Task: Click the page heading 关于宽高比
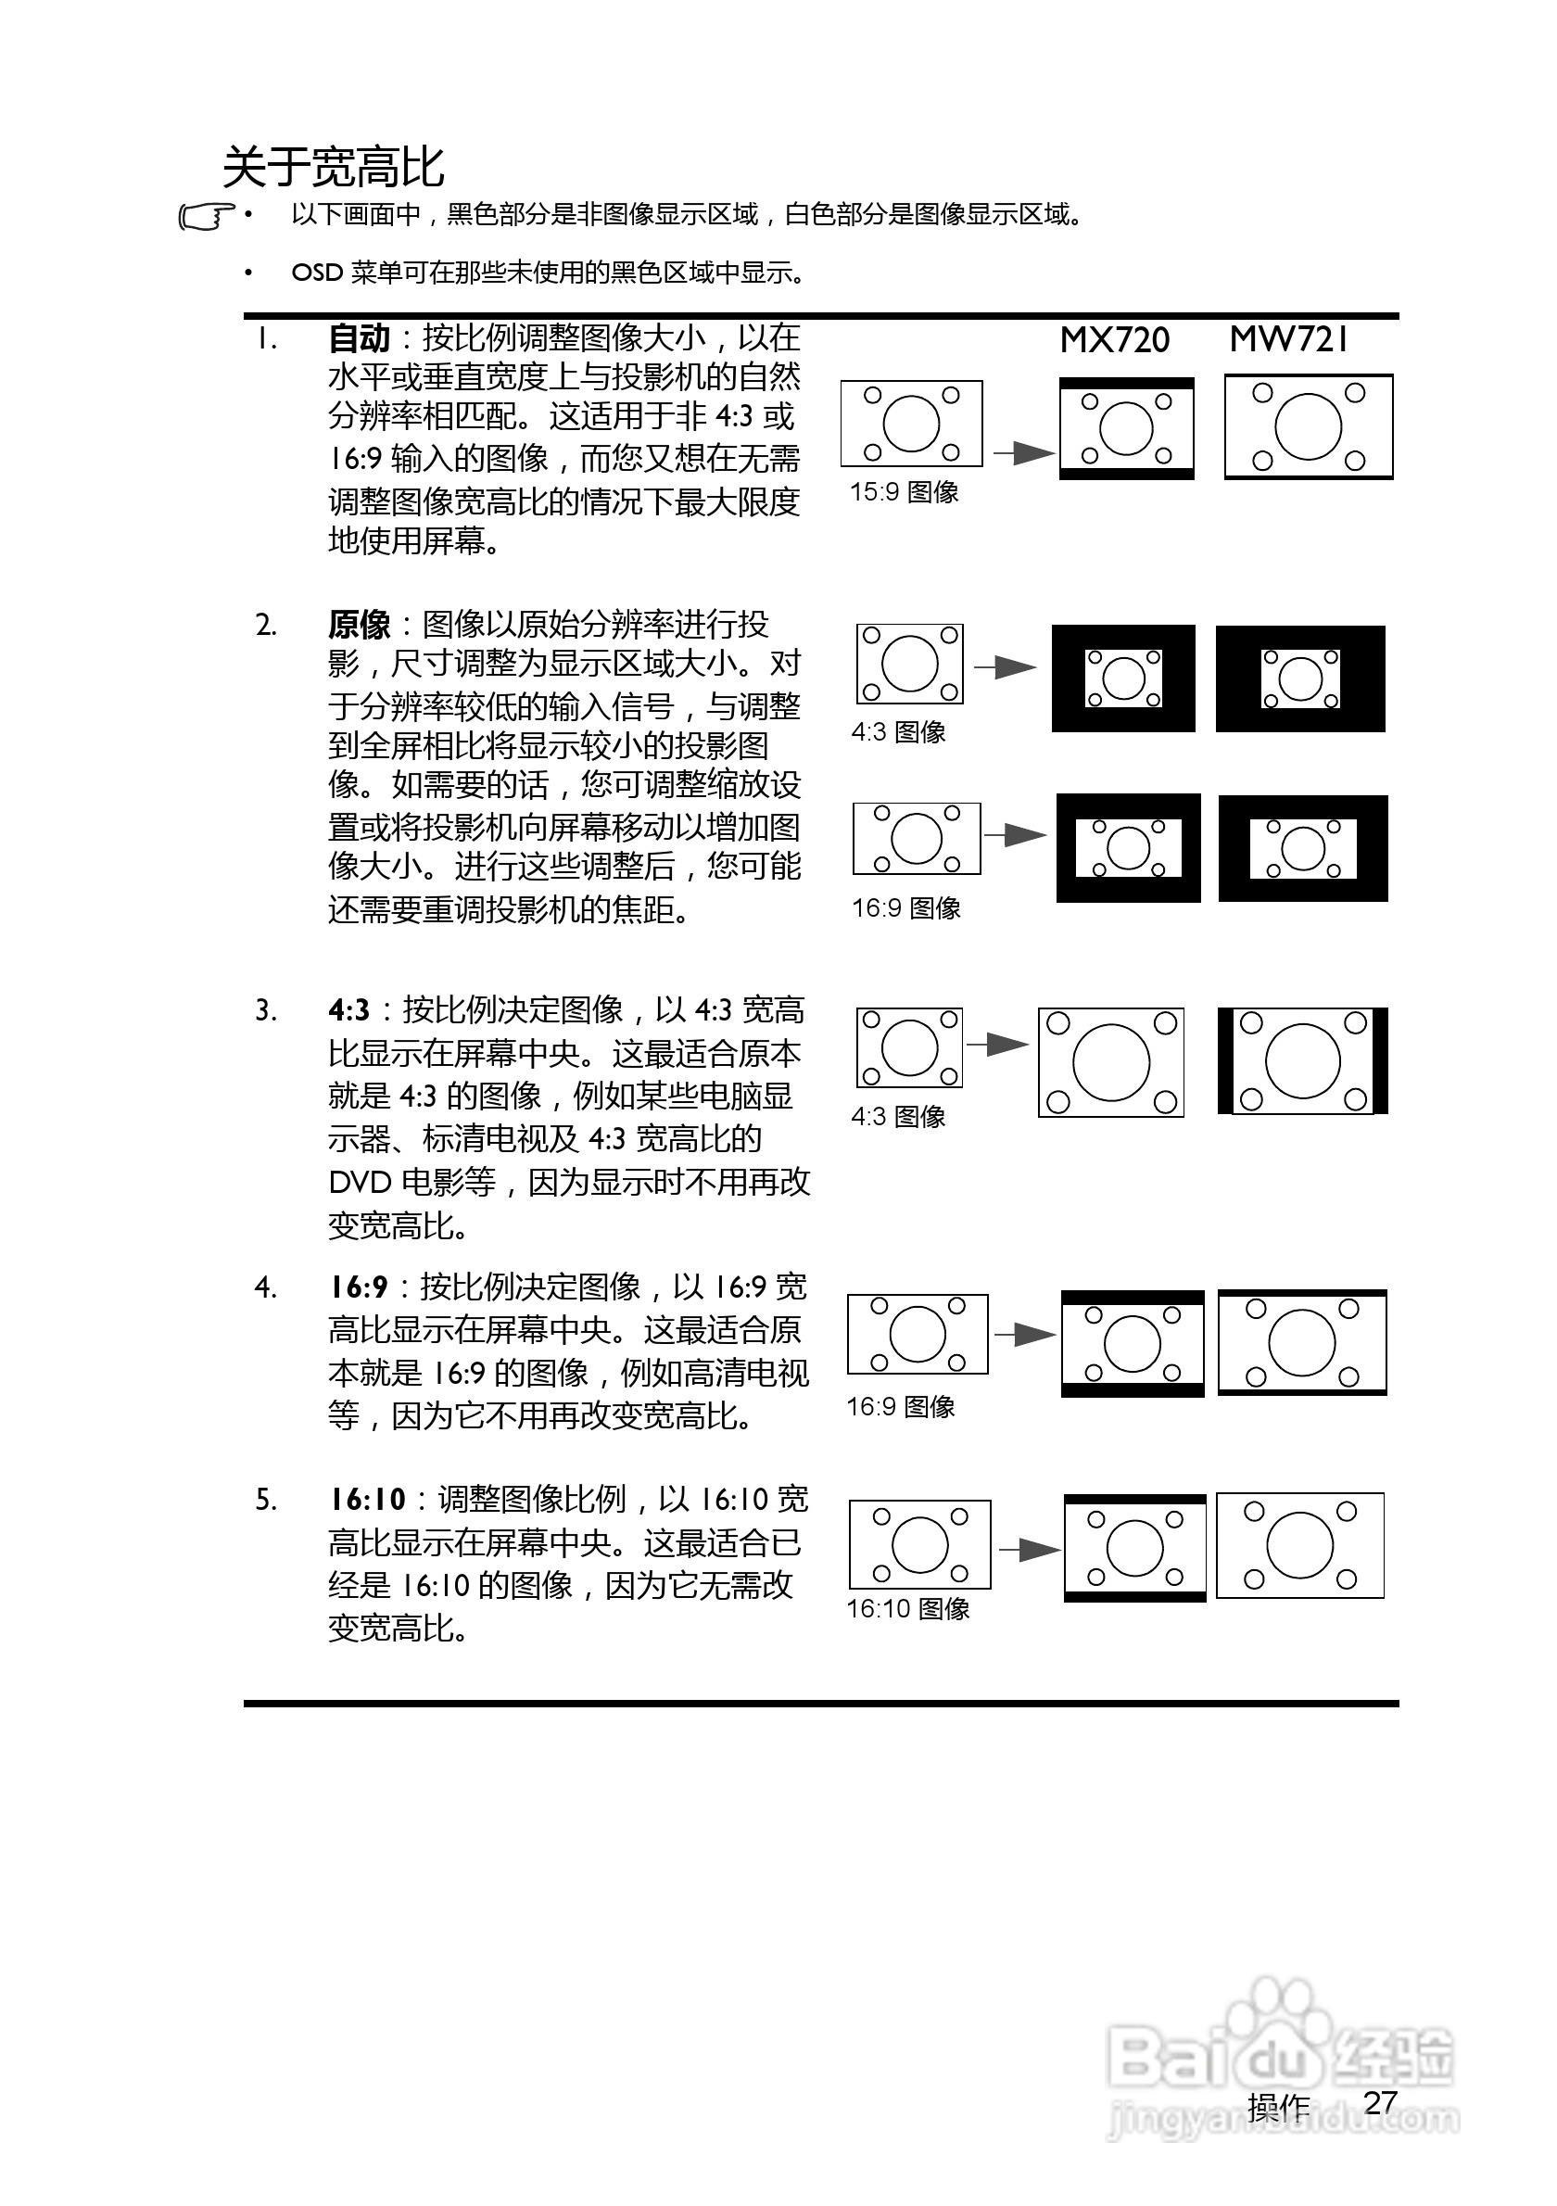click(x=334, y=167)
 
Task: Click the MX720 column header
click(x=1114, y=340)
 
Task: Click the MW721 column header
click(x=1289, y=339)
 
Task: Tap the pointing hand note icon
click(x=206, y=217)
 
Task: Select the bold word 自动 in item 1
click(x=360, y=339)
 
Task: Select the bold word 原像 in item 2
click(x=360, y=626)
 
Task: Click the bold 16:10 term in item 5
click(x=368, y=1500)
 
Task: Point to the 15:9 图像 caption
click(x=904, y=493)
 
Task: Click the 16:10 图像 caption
click(x=907, y=1608)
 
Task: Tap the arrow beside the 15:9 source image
click(x=1023, y=452)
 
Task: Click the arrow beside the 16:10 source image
click(x=1029, y=1549)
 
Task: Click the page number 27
click(x=1380, y=2103)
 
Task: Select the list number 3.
click(x=266, y=1010)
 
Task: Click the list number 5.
click(x=266, y=1500)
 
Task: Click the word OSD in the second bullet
click(x=317, y=273)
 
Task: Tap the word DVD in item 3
click(x=359, y=1183)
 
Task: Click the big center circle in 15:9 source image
click(x=911, y=424)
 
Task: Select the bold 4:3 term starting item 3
click(x=348, y=1010)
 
